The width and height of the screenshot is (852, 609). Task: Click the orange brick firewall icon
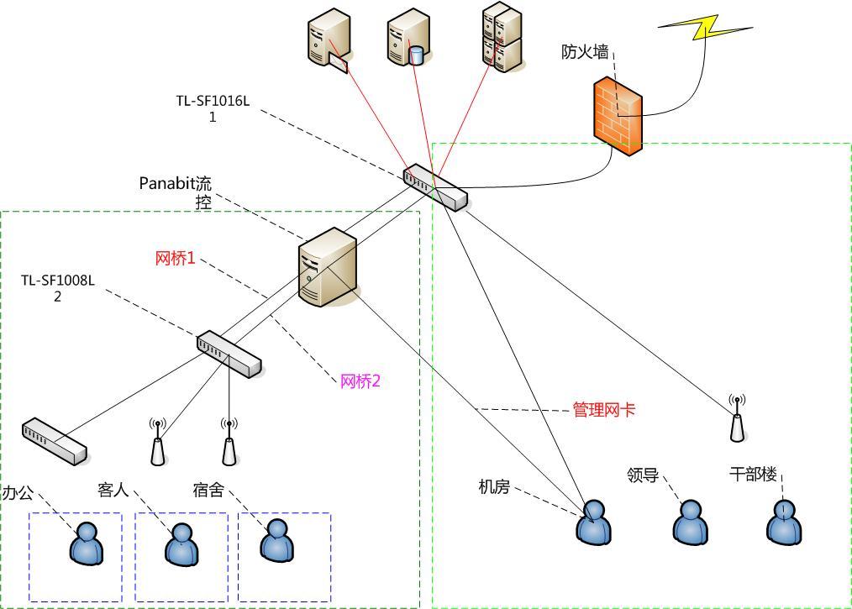point(617,116)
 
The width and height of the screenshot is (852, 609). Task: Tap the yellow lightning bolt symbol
point(706,27)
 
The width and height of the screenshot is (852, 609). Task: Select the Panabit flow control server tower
point(329,267)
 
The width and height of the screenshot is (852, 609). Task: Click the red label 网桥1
point(175,259)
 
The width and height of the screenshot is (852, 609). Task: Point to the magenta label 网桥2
point(360,381)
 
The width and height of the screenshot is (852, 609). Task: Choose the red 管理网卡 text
point(603,410)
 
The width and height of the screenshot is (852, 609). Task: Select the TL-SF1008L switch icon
point(229,354)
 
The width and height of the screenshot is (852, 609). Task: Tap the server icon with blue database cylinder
point(408,38)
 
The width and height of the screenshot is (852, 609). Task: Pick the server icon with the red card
point(327,39)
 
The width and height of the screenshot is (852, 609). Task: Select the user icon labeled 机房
point(593,522)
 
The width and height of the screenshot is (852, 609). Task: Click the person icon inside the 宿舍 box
point(276,540)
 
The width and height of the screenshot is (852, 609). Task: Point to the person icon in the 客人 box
point(181,543)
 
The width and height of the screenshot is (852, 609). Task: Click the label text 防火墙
point(585,52)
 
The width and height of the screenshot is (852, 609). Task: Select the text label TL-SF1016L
point(213,101)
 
